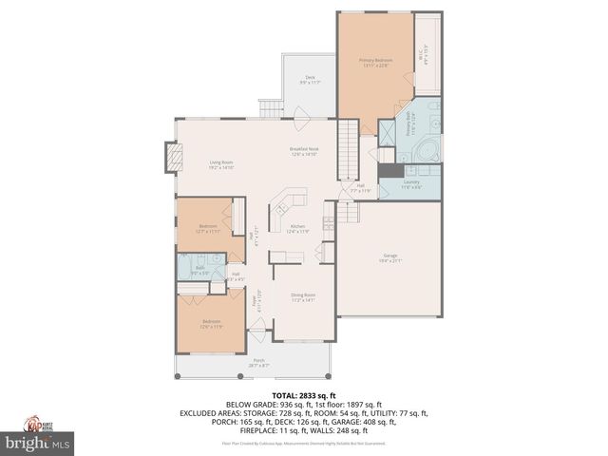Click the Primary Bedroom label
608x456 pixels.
coord(376,63)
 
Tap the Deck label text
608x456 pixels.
coord(310,80)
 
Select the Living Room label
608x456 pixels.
coord(221,164)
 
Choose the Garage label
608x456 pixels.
coord(389,257)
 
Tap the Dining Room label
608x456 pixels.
coord(303,297)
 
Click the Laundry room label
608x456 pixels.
coord(411,183)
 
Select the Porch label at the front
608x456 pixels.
coord(257,362)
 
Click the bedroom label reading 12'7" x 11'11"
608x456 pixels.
coord(208,228)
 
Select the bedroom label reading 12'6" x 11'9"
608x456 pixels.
coord(211,323)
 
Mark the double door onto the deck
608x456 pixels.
coord(300,119)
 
